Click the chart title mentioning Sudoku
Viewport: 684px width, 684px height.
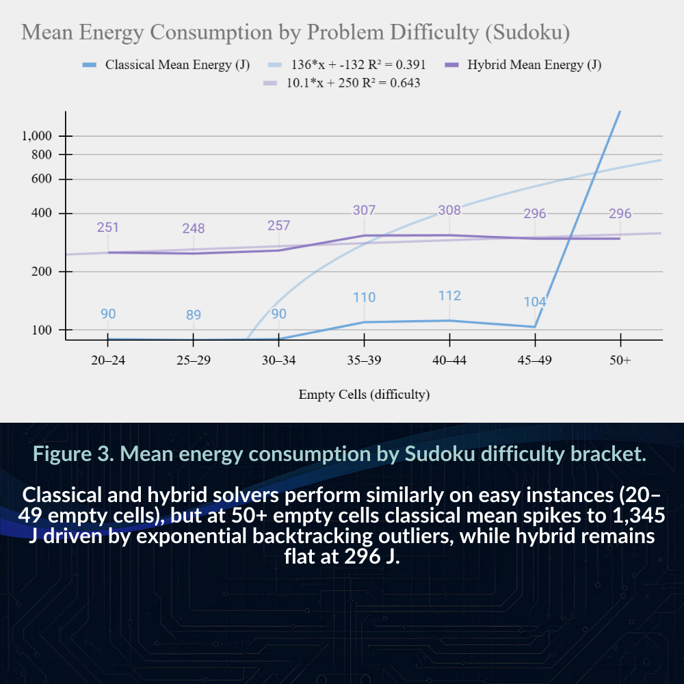pyautogui.click(x=295, y=33)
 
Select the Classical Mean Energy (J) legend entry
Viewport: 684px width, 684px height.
pyautogui.click(x=166, y=65)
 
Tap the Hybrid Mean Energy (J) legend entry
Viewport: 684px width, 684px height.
pyautogui.click(x=523, y=65)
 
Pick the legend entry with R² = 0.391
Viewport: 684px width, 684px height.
pyautogui.click(x=347, y=65)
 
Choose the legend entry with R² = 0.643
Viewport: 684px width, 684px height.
pyautogui.click(x=342, y=83)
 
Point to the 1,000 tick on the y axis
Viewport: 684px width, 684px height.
pyautogui.click(x=37, y=136)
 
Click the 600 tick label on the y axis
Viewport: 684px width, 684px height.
pyautogui.click(x=42, y=179)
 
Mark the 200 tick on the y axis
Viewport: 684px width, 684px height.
pyautogui.click(x=42, y=272)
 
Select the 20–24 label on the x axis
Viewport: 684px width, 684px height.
pyautogui.click(x=108, y=360)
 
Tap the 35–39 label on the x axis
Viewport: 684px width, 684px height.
pyautogui.click(x=365, y=360)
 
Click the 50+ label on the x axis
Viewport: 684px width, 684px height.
pyautogui.click(x=620, y=360)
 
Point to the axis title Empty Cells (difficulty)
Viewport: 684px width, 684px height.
pyautogui.click(x=365, y=395)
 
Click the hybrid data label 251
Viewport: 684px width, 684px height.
pyautogui.click(x=108, y=227)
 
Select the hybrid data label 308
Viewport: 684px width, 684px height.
pyautogui.click(x=449, y=210)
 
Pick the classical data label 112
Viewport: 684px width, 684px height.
pyautogui.click(x=449, y=295)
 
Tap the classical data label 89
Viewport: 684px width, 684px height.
pyautogui.click(x=194, y=315)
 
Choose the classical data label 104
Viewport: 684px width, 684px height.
pyautogui.click(x=535, y=302)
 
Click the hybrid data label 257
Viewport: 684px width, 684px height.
pyautogui.click(x=279, y=226)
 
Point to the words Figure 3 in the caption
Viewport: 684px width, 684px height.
pyautogui.click(x=74, y=453)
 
